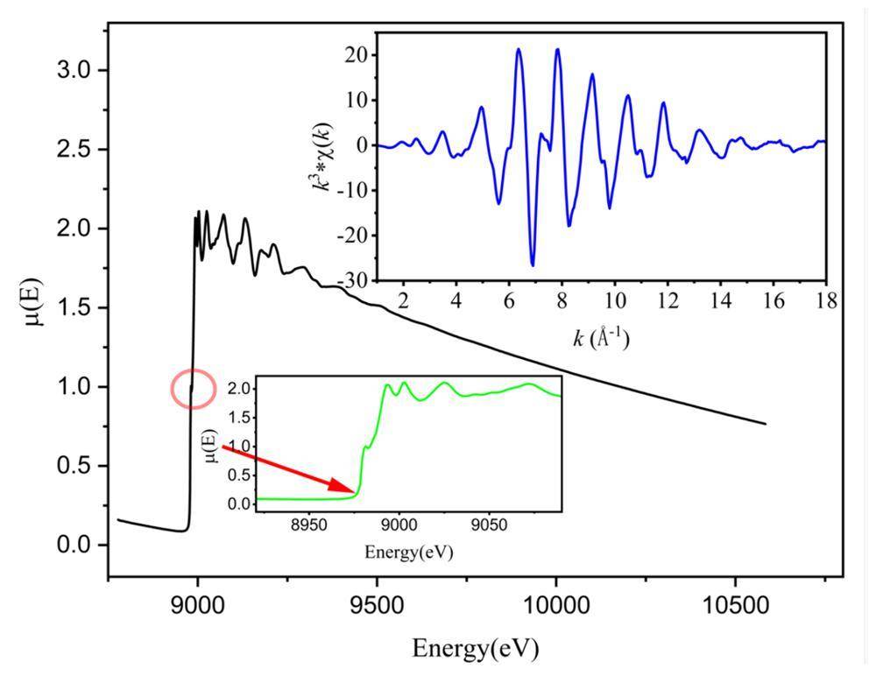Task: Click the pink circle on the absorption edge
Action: click(x=193, y=389)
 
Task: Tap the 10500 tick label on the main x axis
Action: click(x=734, y=605)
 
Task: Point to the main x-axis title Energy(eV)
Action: click(x=475, y=649)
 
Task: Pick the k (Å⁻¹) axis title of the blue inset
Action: click(x=601, y=339)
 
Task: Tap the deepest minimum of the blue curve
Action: click(x=532, y=264)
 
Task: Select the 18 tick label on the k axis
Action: click(x=825, y=301)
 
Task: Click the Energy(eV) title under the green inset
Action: click(x=409, y=553)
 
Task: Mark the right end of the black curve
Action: click(x=767, y=424)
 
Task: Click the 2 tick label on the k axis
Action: click(x=404, y=301)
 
